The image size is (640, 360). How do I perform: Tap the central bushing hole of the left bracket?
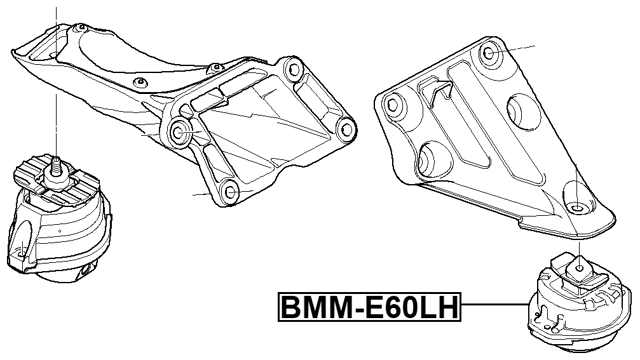[x=182, y=132]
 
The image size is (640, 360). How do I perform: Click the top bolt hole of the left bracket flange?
[x=291, y=69]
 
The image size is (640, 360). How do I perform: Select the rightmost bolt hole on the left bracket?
[x=346, y=127]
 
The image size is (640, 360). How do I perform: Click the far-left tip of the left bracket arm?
[x=16, y=44]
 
